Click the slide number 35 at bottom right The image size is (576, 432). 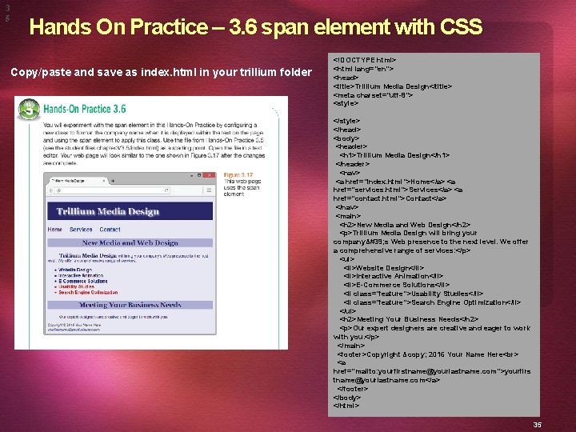click(x=538, y=425)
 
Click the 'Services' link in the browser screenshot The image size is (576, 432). click(x=81, y=230)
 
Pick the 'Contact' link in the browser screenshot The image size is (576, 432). click(x=110, y=230)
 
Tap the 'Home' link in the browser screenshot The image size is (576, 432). click(x=54, y=230)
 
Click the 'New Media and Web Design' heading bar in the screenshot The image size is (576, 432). click(x=130, y=242)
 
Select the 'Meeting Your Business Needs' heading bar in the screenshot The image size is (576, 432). click(x=130, y=305)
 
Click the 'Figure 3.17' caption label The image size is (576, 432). click(x=238, y=174)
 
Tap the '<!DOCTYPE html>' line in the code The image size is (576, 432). click(x=365, y=60)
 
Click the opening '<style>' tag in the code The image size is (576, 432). click(x=346, y=103)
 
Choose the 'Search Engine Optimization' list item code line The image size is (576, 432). click(x=432, y=302)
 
